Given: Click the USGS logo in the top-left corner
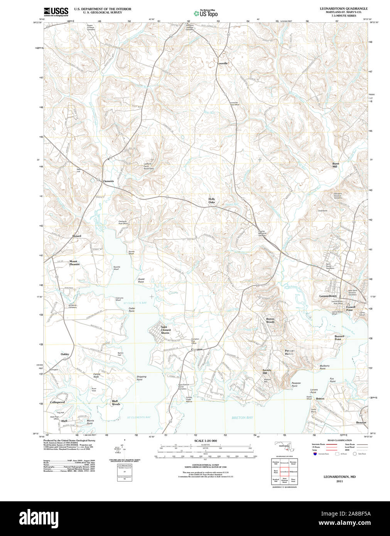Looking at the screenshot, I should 56,12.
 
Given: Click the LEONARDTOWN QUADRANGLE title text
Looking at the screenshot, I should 343,8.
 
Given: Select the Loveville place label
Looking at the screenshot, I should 223,63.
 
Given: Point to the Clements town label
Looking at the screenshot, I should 108,181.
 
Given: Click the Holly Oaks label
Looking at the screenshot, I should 212,201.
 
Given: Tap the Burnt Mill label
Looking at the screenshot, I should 336,165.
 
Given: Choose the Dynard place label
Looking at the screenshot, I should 77,236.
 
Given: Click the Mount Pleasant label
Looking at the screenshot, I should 74,263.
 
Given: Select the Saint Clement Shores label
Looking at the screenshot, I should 165,330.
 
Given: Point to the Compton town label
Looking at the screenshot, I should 197,349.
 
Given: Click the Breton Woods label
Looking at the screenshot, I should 270,320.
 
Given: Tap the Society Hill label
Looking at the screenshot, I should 267,371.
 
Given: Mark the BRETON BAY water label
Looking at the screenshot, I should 242,418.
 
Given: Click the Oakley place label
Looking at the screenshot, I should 65,354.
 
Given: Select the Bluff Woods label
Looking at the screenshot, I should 116,403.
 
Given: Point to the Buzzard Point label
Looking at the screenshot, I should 339,337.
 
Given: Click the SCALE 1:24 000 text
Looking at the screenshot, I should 205,441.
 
